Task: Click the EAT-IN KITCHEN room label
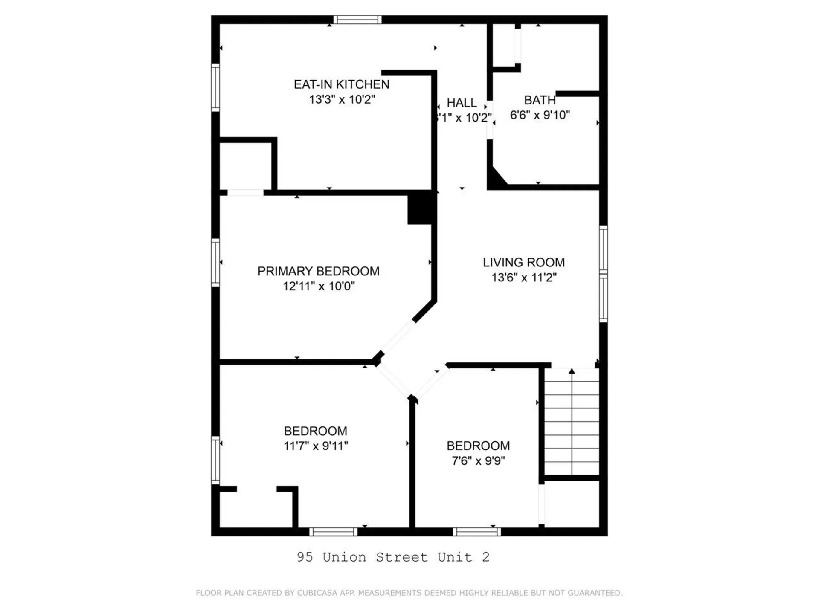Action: point(341,84)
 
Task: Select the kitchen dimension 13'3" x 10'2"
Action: point(342,99)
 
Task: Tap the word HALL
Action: point(462,103)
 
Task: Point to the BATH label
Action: point(540,100)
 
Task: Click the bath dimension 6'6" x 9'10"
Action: point(540,115)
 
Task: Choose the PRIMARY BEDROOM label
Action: point(318,271)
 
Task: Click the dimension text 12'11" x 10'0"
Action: point(318,286)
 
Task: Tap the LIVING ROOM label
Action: point(523,262)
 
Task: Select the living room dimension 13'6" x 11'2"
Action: point(523,278)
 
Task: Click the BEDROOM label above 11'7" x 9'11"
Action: point(315,431)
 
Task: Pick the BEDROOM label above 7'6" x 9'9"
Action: point(478,446)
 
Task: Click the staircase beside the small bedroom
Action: point(572,422)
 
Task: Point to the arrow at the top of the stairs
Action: point(572,372)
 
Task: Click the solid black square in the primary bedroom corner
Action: point(421,208)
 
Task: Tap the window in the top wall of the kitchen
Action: point(357,20)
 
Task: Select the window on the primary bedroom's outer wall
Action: point(215,262)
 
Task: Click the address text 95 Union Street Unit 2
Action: point(393,557)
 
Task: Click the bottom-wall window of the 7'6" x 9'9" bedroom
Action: point(476,532)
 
